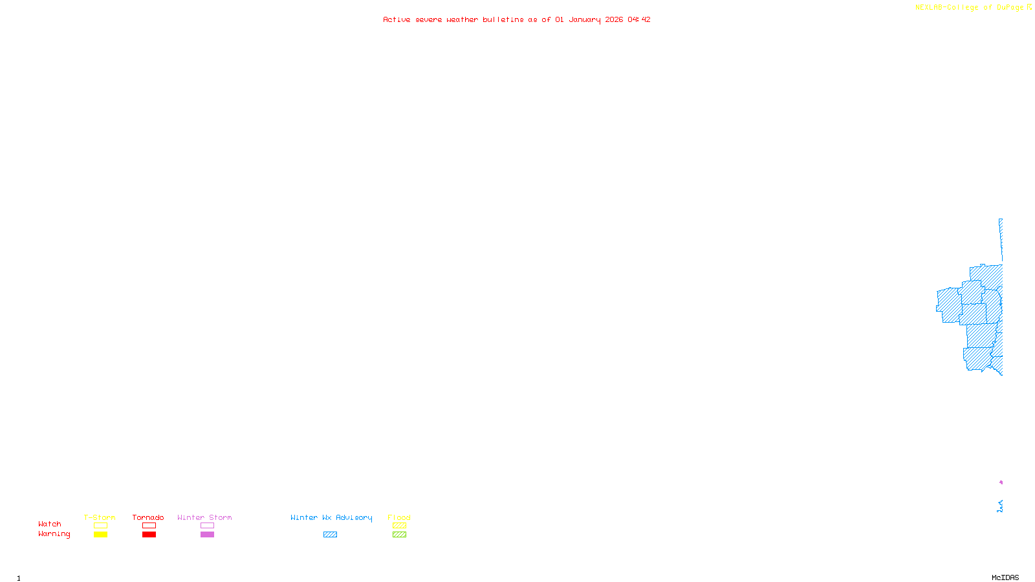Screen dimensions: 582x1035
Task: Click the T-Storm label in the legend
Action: tap(100, 517)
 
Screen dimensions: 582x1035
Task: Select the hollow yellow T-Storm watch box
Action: tap(100, 526)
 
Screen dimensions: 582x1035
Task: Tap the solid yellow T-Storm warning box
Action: tap(100, 535)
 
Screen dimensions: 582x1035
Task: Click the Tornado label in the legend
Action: tap(148, 517)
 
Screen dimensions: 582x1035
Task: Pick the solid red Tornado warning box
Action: tap(149, 535)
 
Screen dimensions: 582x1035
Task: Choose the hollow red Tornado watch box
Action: tap(149, 526)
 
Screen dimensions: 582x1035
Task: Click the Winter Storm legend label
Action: tap(204, 517)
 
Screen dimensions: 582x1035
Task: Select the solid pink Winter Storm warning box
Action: tap(207, 535)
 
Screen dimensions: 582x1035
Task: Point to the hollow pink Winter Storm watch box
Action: tap(207, 526)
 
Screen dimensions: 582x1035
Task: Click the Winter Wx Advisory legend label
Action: tap(331, 517)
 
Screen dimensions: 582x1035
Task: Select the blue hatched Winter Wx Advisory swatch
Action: tap(330, 535)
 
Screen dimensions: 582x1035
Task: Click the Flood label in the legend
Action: tap(399, 517)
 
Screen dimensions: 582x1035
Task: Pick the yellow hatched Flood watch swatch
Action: tap(399, 526)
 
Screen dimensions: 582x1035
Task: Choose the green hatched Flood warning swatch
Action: tap(399, 535)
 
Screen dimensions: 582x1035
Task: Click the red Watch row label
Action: tap(50, 524)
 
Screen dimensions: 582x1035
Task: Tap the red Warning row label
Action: tap(54, 534)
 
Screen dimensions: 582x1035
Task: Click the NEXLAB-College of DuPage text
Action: tap(970, 8)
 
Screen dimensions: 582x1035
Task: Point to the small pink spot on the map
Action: tap(1001, 482)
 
